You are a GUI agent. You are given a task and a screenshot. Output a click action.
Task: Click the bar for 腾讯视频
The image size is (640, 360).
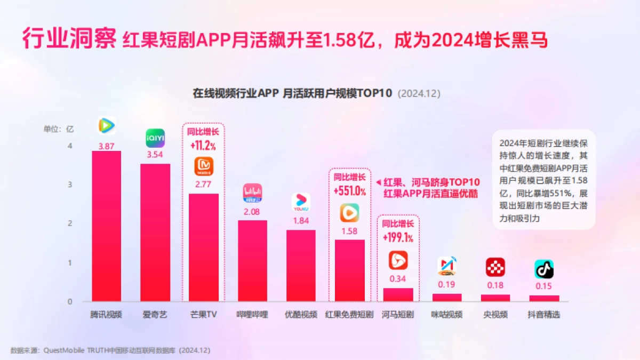click(106, 226)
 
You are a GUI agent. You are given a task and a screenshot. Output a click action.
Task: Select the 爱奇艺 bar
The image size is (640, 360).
click(155, 233)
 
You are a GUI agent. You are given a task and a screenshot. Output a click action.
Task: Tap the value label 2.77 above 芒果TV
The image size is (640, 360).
click(204, 185)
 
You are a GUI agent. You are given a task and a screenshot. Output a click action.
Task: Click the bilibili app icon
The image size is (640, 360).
click(252, 193)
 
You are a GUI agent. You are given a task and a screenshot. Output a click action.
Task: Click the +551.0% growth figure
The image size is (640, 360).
click(349, 191)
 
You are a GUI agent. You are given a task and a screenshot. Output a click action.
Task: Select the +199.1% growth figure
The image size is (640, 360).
click(398, 237)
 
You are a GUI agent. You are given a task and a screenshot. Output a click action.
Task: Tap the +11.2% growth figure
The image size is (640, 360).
click(204, 145)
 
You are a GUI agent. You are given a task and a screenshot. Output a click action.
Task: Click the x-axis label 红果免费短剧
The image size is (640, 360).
click(349, 315)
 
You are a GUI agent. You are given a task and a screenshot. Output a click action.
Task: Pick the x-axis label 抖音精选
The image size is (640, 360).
click(544, 315)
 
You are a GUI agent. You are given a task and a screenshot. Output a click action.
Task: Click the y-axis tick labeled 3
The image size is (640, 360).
click(70, 185)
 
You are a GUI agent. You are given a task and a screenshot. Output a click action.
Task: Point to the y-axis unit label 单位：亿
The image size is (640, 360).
click(59, 129)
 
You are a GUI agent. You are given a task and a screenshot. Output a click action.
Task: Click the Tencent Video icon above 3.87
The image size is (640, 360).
click(106, 125)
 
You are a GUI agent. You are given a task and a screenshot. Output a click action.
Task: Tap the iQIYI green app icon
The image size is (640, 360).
click(155, 138)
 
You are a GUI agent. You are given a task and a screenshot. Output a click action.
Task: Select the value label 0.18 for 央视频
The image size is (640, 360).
click(495, 285)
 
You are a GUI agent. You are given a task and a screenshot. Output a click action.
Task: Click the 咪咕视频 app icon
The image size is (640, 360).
click(446, 266)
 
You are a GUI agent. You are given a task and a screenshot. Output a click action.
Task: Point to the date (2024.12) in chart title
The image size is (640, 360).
click(419, 93)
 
